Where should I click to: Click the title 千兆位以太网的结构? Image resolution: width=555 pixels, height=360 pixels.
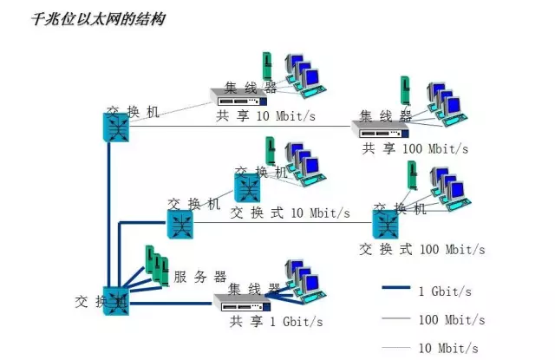pyautogui.click(x=98, y=18)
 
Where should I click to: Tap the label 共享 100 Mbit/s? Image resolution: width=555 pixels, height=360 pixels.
pyautogui.click(x=415, y=148)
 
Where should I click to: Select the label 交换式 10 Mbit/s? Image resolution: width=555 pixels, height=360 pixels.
pyautogui.click(x=290, y=213)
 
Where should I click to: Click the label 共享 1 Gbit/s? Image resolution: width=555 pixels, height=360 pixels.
pyautogui.click(x=276, y=322)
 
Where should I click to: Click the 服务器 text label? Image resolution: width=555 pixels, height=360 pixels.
pyautogui.click(x=199, y=278)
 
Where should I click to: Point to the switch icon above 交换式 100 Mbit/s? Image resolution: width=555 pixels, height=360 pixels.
pyautogui.click(x=387, y=225)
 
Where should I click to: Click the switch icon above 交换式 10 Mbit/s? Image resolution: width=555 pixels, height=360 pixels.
pyautogui.click(x=247, y=187)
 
